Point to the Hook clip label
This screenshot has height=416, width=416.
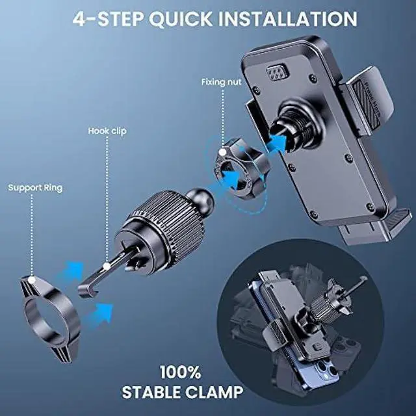coord(107,131)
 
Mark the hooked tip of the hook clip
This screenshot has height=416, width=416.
coord(84,287)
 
